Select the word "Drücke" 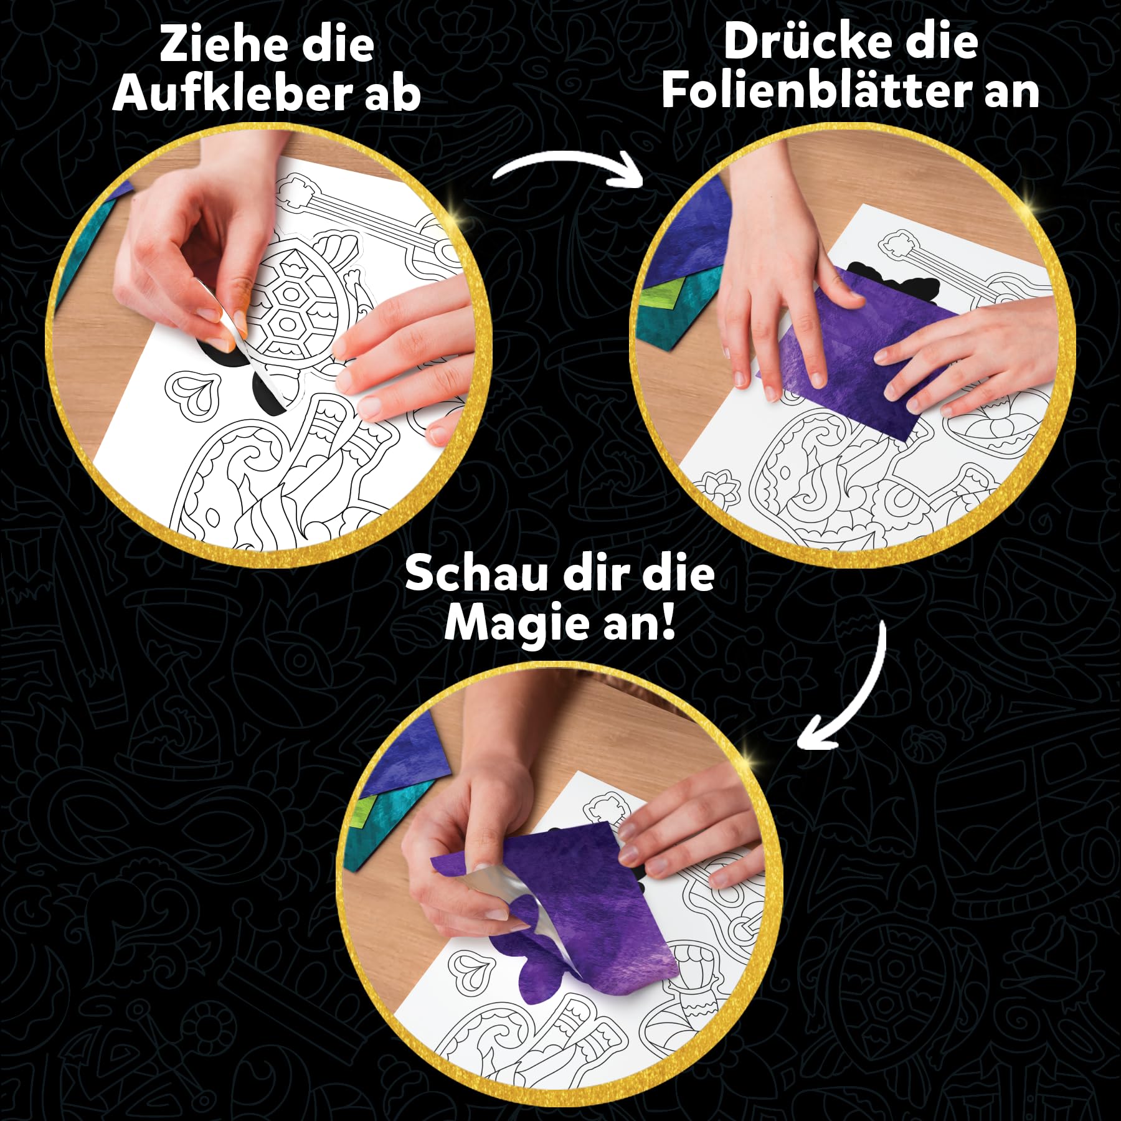coord(807,42)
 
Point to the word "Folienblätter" coord(813,90)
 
